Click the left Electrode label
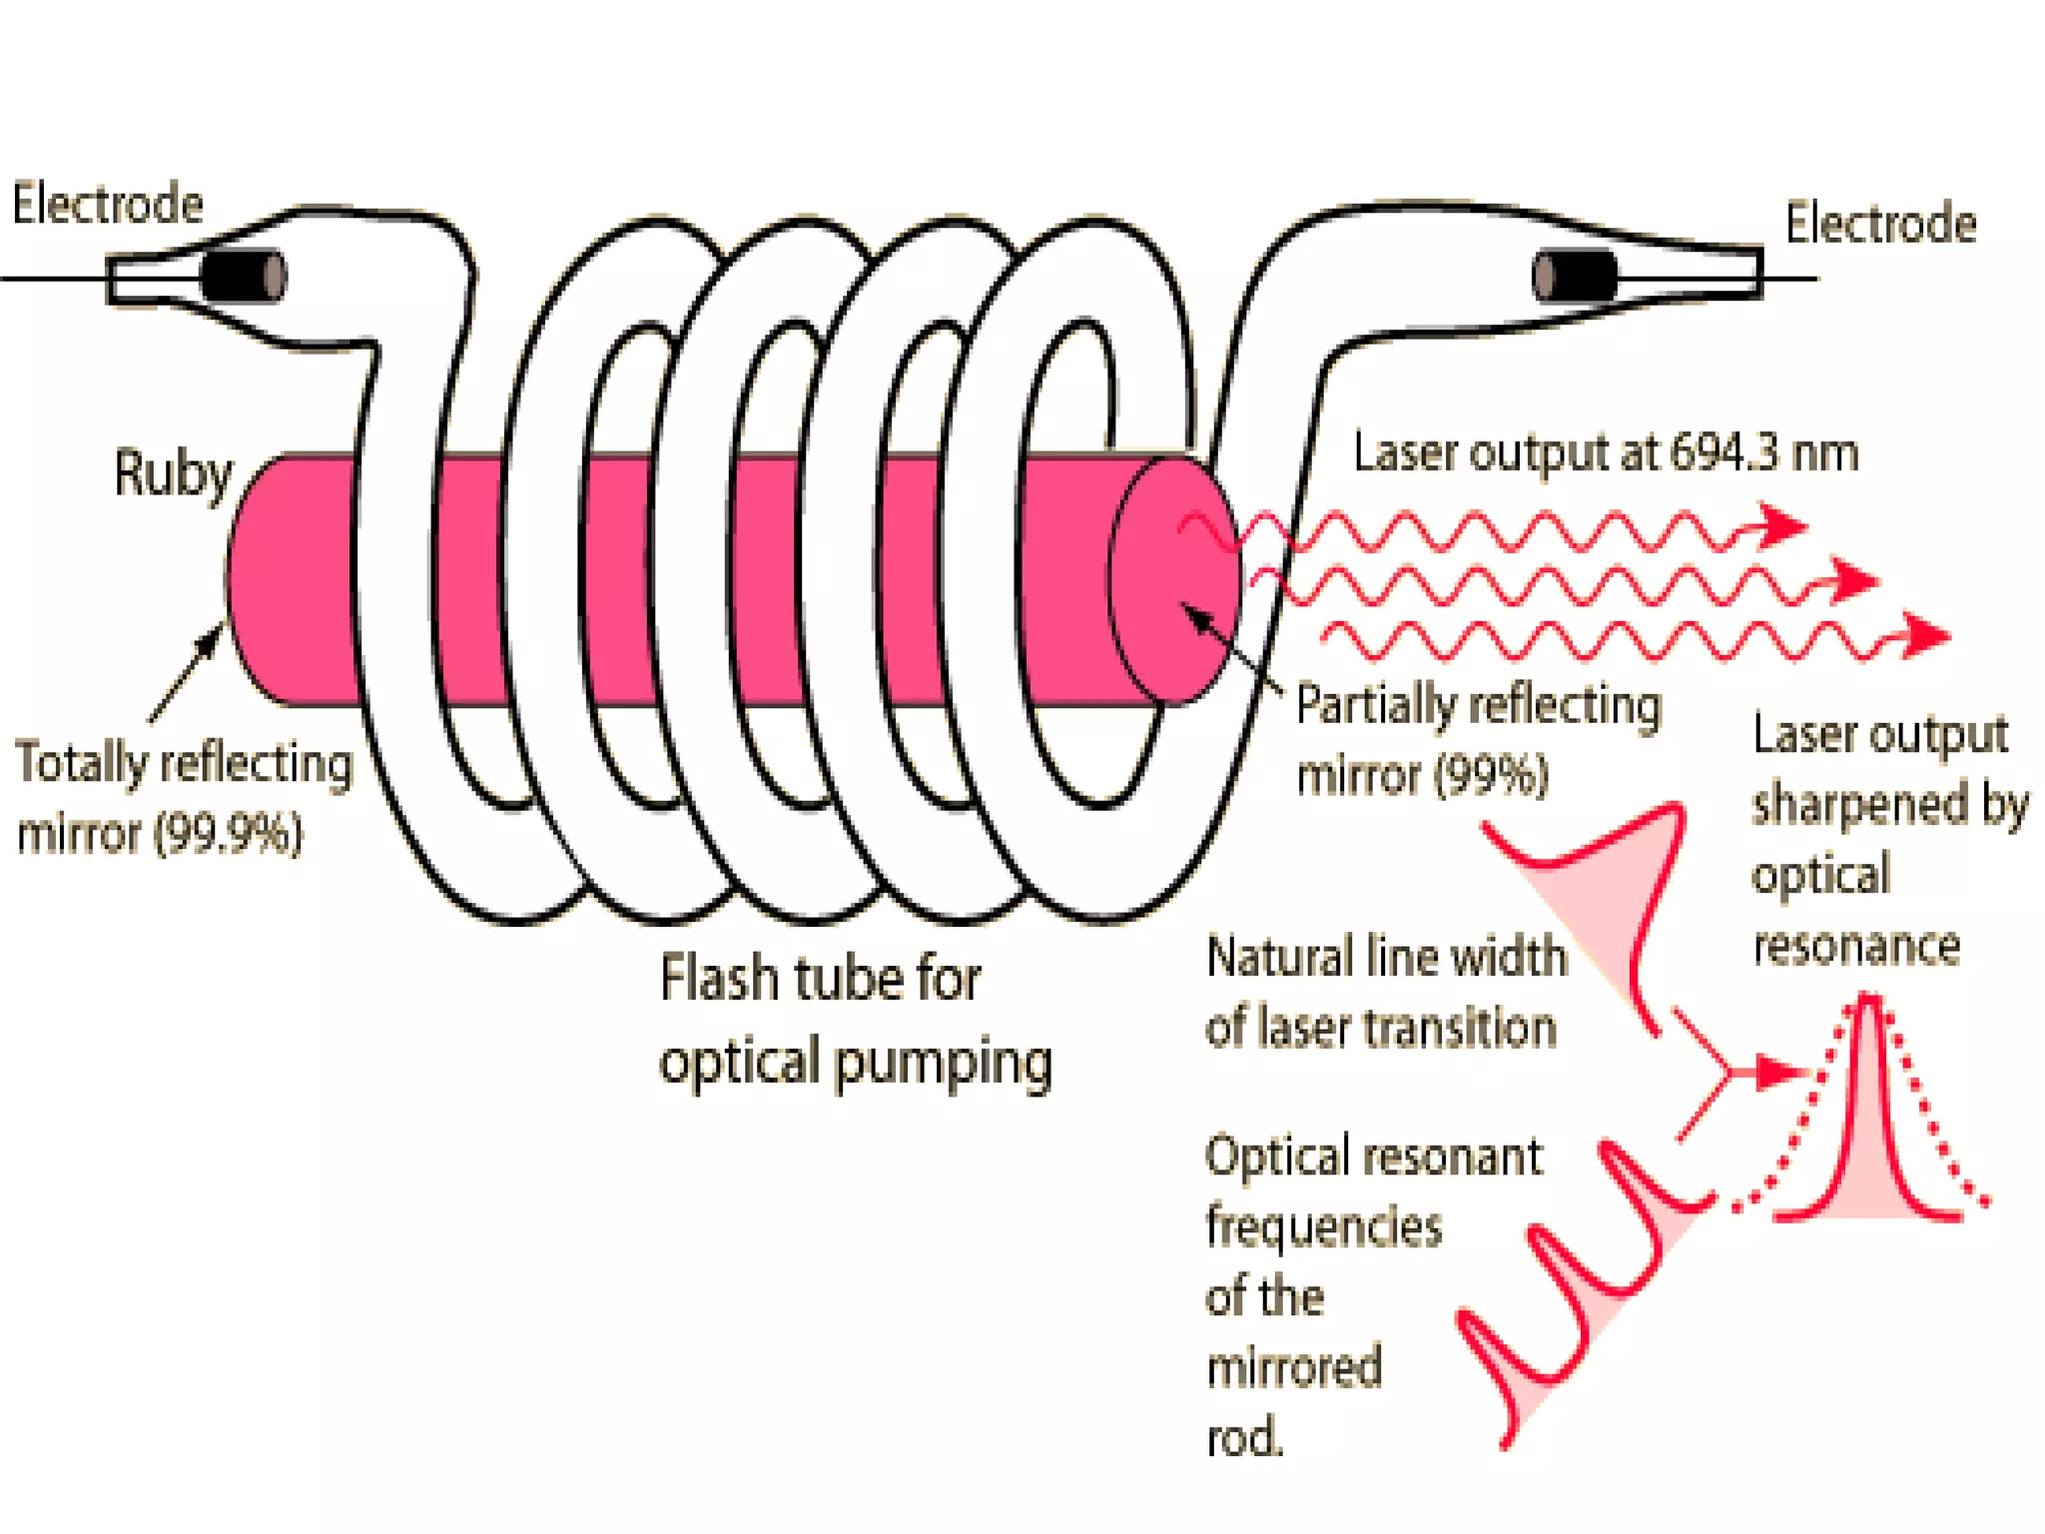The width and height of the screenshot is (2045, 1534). click(108, 204)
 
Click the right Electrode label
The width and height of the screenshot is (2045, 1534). click(1880, 223)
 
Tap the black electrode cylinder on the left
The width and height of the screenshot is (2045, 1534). click(244, 275)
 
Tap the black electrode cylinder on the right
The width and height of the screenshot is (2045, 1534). click(1575, 275)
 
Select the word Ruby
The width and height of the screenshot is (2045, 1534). click(173, 474)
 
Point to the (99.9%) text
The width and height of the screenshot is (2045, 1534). click(229, 833)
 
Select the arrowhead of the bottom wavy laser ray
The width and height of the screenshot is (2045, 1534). click(1923, 635)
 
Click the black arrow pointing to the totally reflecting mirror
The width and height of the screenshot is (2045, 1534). click(187, 671)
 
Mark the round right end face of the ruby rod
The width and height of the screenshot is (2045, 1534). click(1175, 581)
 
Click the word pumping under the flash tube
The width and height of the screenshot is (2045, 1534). click(943, 1063)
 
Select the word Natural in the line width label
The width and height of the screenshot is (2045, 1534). click(1279, 957)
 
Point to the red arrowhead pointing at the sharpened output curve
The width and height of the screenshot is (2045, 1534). click(1780, 1072)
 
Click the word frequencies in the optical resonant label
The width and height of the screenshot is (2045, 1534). click(1324, 1226)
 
